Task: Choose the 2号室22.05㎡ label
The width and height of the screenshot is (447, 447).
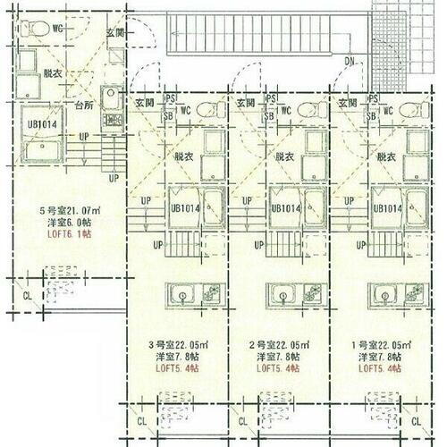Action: (282, 343)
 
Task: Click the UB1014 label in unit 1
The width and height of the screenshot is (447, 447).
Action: (387, 208)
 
